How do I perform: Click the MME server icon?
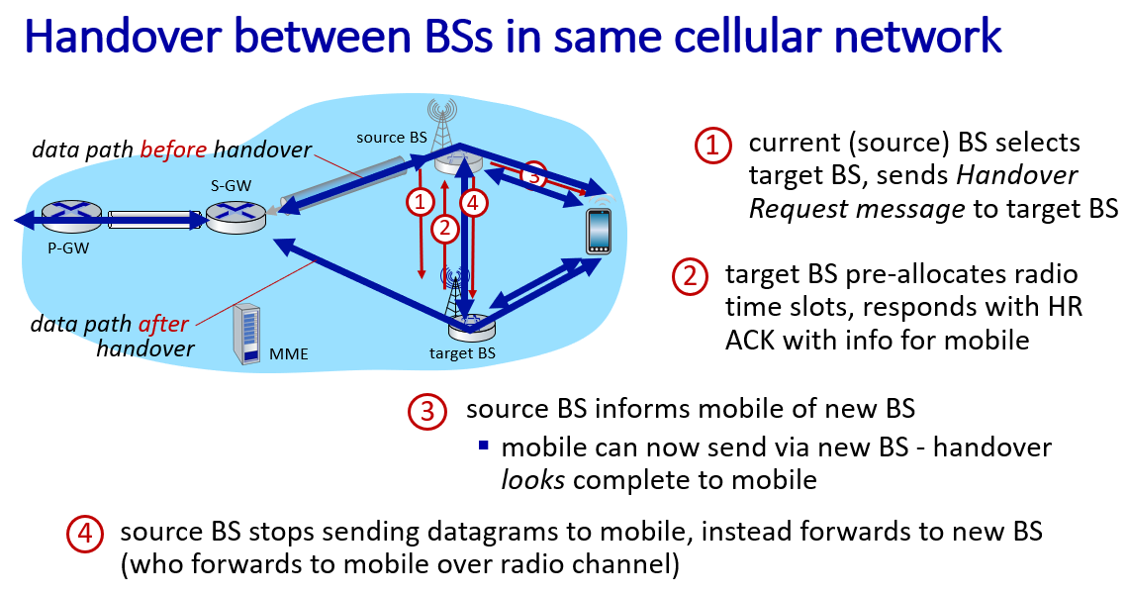point(247,334)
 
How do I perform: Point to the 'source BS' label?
point(392,138)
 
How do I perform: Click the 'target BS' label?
point(462,353)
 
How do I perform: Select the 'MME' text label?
point(289,353)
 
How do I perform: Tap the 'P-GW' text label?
point(68,248)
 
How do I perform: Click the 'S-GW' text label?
point(232,186)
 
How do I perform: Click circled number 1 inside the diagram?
point(420,203)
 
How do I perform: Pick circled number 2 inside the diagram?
point(445,229)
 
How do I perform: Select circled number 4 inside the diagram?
point(473,203)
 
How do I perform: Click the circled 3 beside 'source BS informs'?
point(427,411)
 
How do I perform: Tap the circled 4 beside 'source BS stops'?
point(86,534)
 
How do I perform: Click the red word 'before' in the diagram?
point(173,149)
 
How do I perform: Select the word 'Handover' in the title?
point(123,36)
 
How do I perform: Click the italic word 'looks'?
point(532,480)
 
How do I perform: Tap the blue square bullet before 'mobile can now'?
point(484,446)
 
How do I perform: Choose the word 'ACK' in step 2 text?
point(750,340)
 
